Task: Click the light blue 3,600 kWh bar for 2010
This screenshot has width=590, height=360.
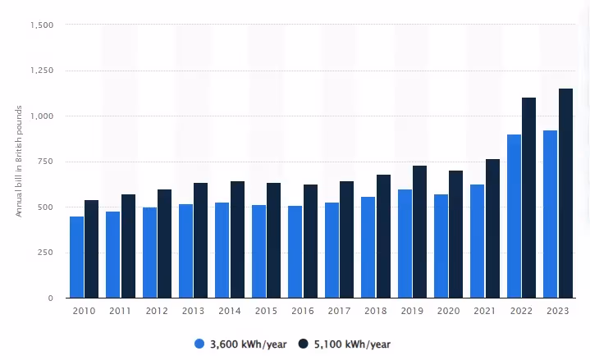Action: (x=76, y=257)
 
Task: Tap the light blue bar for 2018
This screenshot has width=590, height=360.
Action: (x=368, y=247)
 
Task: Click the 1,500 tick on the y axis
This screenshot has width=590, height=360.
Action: (x=42, y=25)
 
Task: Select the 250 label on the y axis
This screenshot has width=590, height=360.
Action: (x=47, y=253)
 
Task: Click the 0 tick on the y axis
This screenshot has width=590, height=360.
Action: (x=51, y=298)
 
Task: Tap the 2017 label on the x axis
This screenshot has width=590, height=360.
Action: (x=339, y=312)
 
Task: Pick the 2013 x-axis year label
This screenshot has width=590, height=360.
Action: (x=193, y=312)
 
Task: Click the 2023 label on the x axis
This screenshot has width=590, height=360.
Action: (x=558, y=312)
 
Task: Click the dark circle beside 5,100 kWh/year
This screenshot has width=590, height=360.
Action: (x=302, y=344)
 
